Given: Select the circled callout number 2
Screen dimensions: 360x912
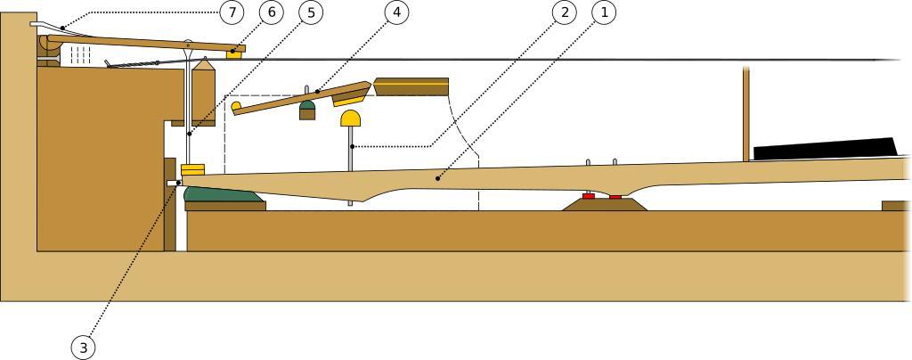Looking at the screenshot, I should pyautogui.click(x=562, y=12).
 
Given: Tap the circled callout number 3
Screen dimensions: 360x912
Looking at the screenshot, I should pyautogui.click(x=83, y=348).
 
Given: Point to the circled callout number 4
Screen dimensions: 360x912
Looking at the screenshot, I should pyautogui.click(x=396, y=12).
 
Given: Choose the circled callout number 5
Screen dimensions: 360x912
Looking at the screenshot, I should pyautogui.click(x=311, y=12).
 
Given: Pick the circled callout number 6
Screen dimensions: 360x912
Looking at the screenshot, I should pyautogui.click(x=272, y=12).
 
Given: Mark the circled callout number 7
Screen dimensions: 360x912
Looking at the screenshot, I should pyautogui.click(x=232, y=12).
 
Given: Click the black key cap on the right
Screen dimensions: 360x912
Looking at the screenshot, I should pyautogui.click(x=824, y=149).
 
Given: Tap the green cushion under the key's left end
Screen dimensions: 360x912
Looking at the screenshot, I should pyautogui.click(x=222, y=194).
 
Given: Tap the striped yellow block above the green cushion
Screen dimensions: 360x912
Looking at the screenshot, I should pyautogui.click(x=193, y=169).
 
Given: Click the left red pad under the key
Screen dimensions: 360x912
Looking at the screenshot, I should pyautogui.click(x=588, y=195).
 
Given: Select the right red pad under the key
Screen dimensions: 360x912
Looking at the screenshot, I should pyautogui.click(x=615, y=196).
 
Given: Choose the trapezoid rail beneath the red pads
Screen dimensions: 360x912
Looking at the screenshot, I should pyautogui.click(x=606, y=205).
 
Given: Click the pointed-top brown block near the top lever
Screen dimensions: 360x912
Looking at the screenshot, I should pyautogui.click(x=204, y=93).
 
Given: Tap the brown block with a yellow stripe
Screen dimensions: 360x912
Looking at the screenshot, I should pyautogui.click(x=411, y=86).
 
